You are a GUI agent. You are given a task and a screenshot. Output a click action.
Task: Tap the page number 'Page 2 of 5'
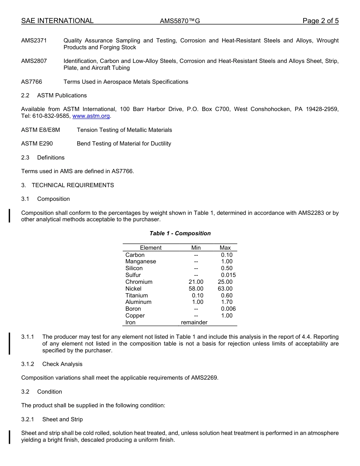(320, 21)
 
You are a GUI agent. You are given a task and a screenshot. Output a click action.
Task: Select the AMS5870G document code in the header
(180, 21)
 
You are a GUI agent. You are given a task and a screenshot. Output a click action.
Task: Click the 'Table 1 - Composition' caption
(180, 233)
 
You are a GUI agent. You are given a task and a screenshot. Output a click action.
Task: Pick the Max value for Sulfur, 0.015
(228, 275)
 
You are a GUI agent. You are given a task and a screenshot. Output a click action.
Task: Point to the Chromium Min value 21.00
(196, 282)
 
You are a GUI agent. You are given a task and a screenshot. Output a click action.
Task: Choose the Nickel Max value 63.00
(225, 289)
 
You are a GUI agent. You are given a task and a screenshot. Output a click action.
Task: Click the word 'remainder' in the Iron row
(194, 322)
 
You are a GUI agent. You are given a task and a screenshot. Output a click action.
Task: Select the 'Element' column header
(150, 248)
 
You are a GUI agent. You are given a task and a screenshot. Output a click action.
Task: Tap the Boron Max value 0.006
(228, 309)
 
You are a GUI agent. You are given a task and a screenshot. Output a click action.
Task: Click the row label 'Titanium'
(136, 296)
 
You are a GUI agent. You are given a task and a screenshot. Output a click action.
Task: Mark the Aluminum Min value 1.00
(197, 302)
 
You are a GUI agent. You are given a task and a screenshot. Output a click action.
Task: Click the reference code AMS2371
(34, 41)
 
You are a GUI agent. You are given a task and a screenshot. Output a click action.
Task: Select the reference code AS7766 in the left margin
(32, 82)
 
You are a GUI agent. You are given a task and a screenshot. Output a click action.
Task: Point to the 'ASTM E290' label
(37, 144)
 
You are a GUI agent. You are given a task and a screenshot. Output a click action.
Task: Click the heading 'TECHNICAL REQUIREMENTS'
(73, 185)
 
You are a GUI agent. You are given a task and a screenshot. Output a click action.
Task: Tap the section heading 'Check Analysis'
(62, 364)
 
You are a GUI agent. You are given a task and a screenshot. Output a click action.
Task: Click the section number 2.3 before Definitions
(25, 158)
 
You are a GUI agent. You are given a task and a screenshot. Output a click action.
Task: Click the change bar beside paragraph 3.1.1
(9, 343)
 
